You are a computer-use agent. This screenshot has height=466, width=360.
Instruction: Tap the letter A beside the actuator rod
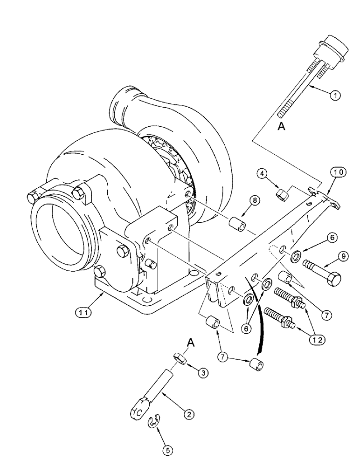281,126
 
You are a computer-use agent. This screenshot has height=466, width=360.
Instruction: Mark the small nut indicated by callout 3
180,358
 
